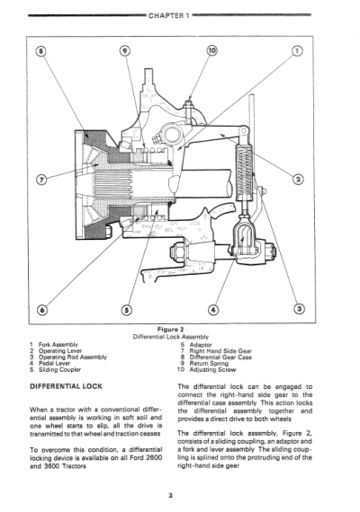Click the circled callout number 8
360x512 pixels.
click(x=42, y=52)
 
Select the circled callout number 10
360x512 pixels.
click(x=213, y=51)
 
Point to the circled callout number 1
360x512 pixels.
click(x=297, y=52)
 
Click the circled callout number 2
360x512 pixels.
click(x=298, y=179)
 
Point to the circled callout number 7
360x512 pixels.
click(x=42, y=179)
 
